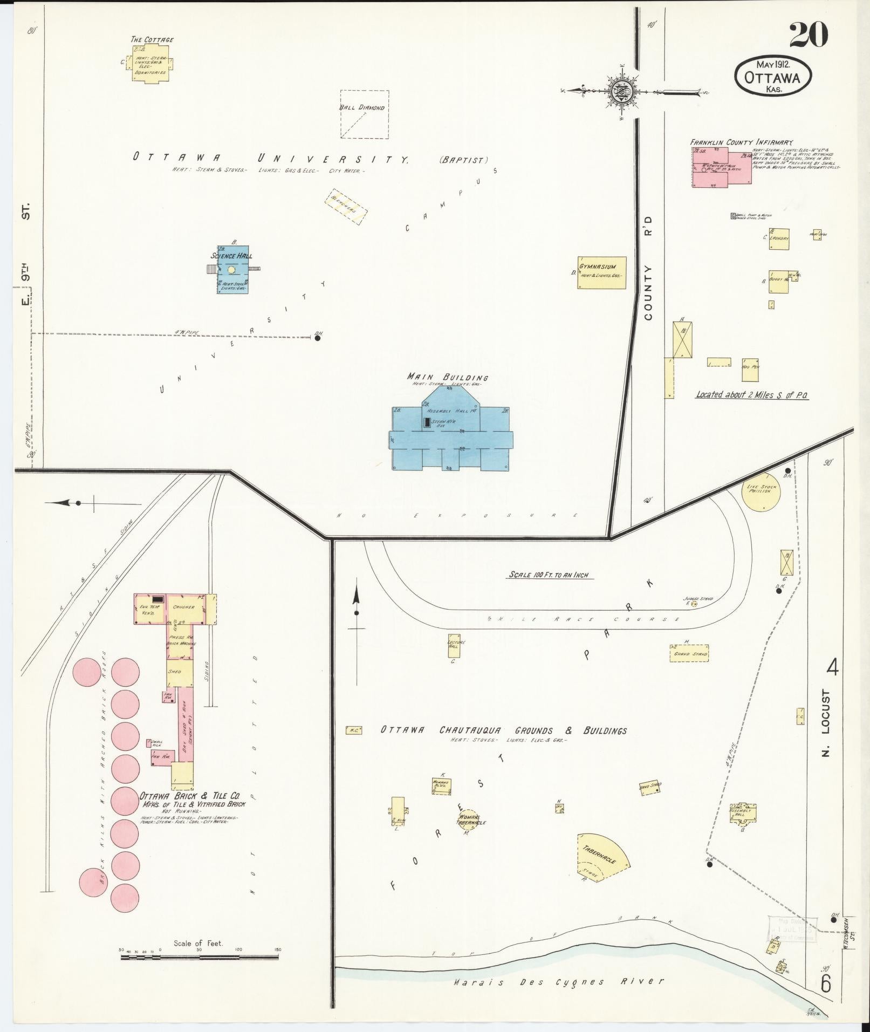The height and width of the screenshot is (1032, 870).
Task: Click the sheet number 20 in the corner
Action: pos(808,36)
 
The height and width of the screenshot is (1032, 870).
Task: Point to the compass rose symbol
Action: pos(622,90)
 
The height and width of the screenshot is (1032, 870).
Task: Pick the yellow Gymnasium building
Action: pos(602,272)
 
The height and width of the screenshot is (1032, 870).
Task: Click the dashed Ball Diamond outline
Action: pos(364,114)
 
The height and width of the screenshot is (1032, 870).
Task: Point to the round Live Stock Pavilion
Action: pos(761,492)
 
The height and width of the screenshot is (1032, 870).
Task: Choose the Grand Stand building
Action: pos(689,653)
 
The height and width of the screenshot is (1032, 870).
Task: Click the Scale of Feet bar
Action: pos(200,958)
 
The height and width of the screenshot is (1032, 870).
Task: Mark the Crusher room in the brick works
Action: pos(183,607)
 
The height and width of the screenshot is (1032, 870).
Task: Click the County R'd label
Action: pos(648,268)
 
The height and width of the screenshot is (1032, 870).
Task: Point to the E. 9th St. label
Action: pos(25,254)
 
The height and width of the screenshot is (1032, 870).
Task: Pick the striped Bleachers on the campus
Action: pos(346,207)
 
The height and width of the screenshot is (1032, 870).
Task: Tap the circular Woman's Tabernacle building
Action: pos(470,820)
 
